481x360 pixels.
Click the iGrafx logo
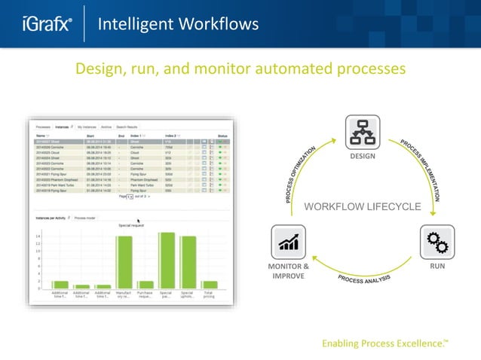coord(47,25)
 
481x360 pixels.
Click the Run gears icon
coord(437,242)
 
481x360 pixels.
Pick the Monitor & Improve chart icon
coord(289,243)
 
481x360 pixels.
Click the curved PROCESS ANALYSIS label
coord(363,281)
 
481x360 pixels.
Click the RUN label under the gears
coord(437,267)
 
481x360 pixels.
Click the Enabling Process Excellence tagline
coord(384,343)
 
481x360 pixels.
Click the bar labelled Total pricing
coord(210,285)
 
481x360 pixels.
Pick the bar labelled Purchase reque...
coord(146,285)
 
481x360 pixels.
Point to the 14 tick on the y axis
coord(38,236)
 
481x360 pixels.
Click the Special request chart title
coord(131,224)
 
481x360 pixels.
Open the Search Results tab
coord(127,128)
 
